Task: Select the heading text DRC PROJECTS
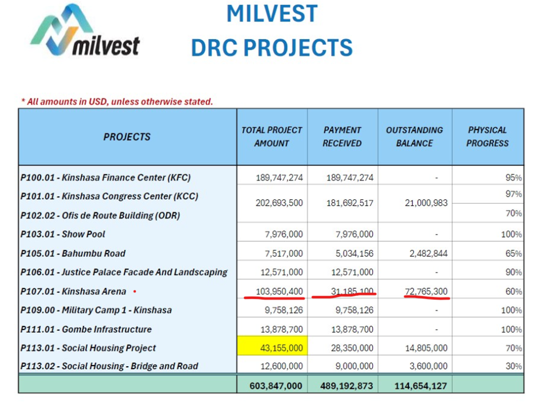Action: [x=272, y=48]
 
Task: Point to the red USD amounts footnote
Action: [x=117, y=101]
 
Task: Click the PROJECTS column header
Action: [x=127, y=137]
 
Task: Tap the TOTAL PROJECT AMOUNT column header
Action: [x=272, y=137]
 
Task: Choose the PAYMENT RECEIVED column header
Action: [x=342, y=137]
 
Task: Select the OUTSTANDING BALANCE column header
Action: [x=415, y=137]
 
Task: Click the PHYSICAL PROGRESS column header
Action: [x=487, y=137]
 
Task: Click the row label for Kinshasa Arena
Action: [x=73, y=291]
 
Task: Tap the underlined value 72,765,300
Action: [x=426, y=291]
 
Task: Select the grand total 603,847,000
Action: [x=272, y=386]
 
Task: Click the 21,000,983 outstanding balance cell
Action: [x=426, y=203]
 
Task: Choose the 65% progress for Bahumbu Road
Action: [x=513, y=254]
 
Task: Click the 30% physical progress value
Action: [x=513, y=366]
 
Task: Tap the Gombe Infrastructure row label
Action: [x=86, y=330]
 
